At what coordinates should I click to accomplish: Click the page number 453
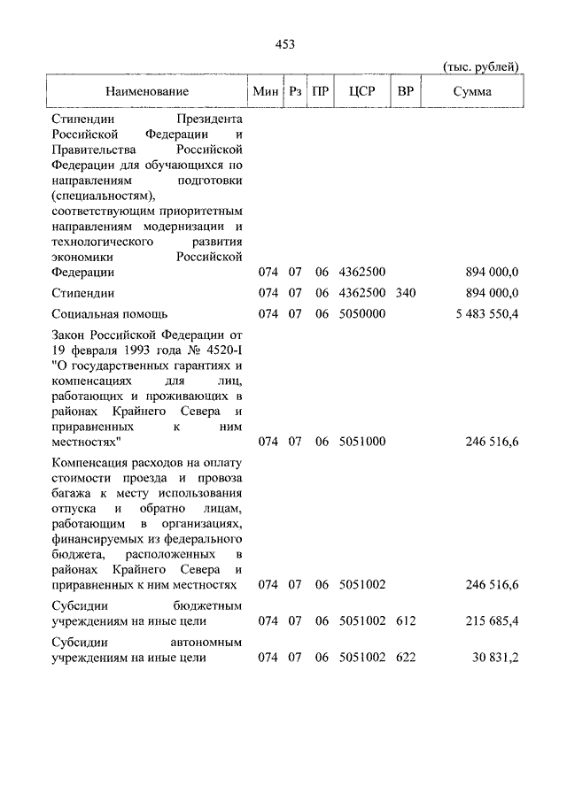(x=283, y=44)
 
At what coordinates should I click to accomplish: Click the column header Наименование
(x=147, y=91)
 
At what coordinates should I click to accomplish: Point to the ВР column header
(x=406, y=91)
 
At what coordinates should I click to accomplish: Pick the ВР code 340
(x=406, y=293)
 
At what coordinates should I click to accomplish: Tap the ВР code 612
(x=406, y=620)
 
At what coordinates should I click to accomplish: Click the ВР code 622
(x=406, y=657)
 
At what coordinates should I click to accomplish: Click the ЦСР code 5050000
(x=362, y=313)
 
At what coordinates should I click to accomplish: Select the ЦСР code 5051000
(x=362, y=440)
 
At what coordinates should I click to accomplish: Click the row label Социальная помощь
(x=109, y=313)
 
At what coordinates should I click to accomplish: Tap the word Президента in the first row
(x=208, y=118)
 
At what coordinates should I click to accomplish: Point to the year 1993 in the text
(x=140, y=350)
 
